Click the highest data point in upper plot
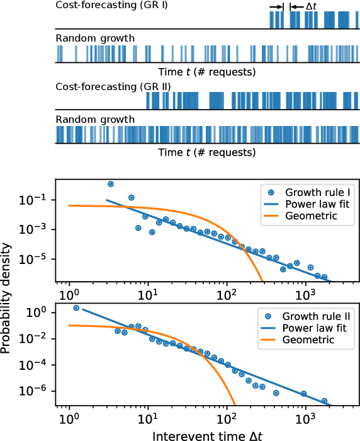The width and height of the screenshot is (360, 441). click(x=111, y=184)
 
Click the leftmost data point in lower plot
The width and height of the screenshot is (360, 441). click(x=76, y=308)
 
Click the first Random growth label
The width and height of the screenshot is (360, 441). click(x=95, y=38)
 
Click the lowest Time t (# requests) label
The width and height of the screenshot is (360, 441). click(x=206, y=152)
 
